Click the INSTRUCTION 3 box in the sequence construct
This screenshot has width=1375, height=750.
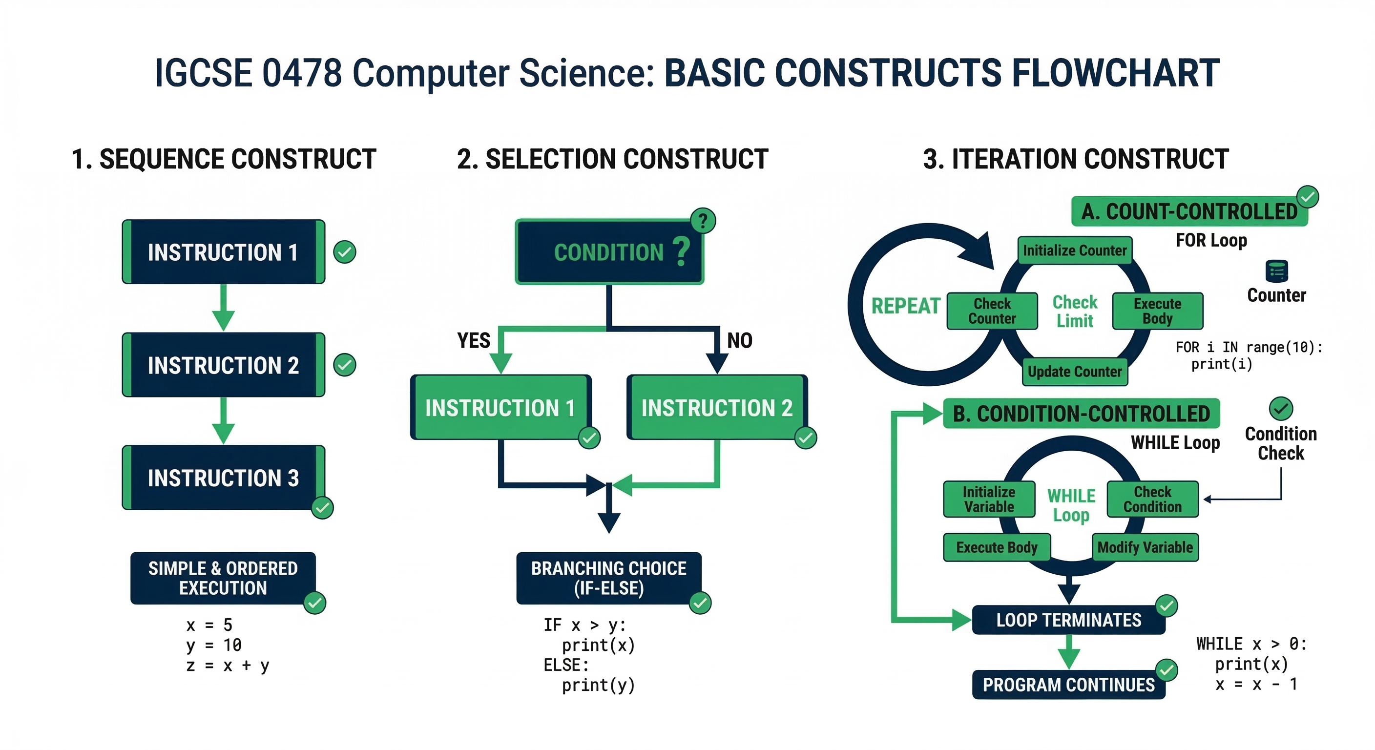coord(223,478)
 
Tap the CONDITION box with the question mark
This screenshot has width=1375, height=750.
coord(609,252)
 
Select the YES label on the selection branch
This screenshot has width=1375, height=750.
coord(474,340)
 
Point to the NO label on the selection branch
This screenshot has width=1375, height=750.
coord(739,340)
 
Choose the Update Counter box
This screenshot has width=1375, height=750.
coord(1075,372)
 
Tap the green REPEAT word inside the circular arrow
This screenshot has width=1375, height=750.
coord(905,306)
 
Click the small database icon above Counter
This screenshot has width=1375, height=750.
coord(1277,271)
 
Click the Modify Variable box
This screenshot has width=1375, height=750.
coord(1145,547)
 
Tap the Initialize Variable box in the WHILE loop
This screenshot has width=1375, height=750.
coord(989,500)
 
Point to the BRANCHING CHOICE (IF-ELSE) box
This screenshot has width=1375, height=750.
coord(608,578)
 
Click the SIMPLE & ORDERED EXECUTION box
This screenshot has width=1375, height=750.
coord(223,578)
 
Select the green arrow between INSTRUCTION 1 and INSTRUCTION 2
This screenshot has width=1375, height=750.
coord(223,308)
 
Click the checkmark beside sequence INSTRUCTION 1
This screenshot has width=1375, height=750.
coord(345,252)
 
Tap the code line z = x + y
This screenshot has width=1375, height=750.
coord(228,666)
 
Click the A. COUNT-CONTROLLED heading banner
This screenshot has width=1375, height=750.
coord(1189,212)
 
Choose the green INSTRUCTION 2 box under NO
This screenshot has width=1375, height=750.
coord(716,408)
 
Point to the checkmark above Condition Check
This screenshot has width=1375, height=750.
coord(1281,409)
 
